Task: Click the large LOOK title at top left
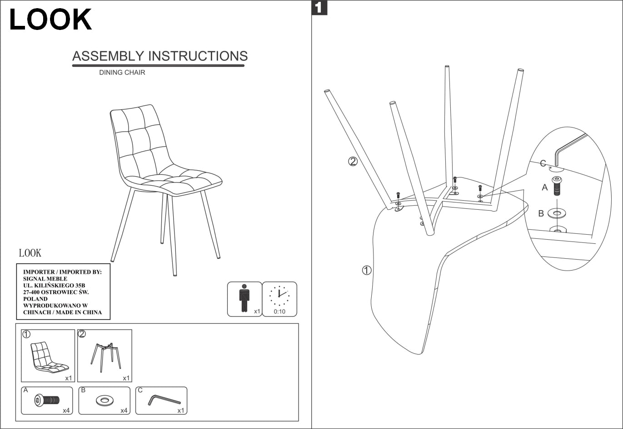pyautogui.click(x=50, y=20)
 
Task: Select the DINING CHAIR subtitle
pyautogui.click(x=122, y=73)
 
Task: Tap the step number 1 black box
pyautogui.click(x=319, y=8)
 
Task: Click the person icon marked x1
pyautogui.click(x=244, y=298)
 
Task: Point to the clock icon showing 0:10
pyautogui.click(x=279, y=296)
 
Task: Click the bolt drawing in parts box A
pyautogui.click(x=46, y=400)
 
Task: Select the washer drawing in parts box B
pyautogui.click(x=105, y=400)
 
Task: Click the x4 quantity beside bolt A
pyautogui.click(x=66, y=410)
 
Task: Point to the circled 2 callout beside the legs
pyautogui.click(x=353, y=161)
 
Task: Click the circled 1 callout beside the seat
pyautogui.click(x=367, y=270)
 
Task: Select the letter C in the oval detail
pyautogui.click(x=543, y=163)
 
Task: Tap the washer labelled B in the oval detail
pyautogui.click(x=557, y=212)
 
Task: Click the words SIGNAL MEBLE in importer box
pyautogui.click(x=45, y=279)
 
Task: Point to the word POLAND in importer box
pyautogui.click(x=35, y=299)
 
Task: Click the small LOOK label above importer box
pyautogui.click(x=30, y=253)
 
